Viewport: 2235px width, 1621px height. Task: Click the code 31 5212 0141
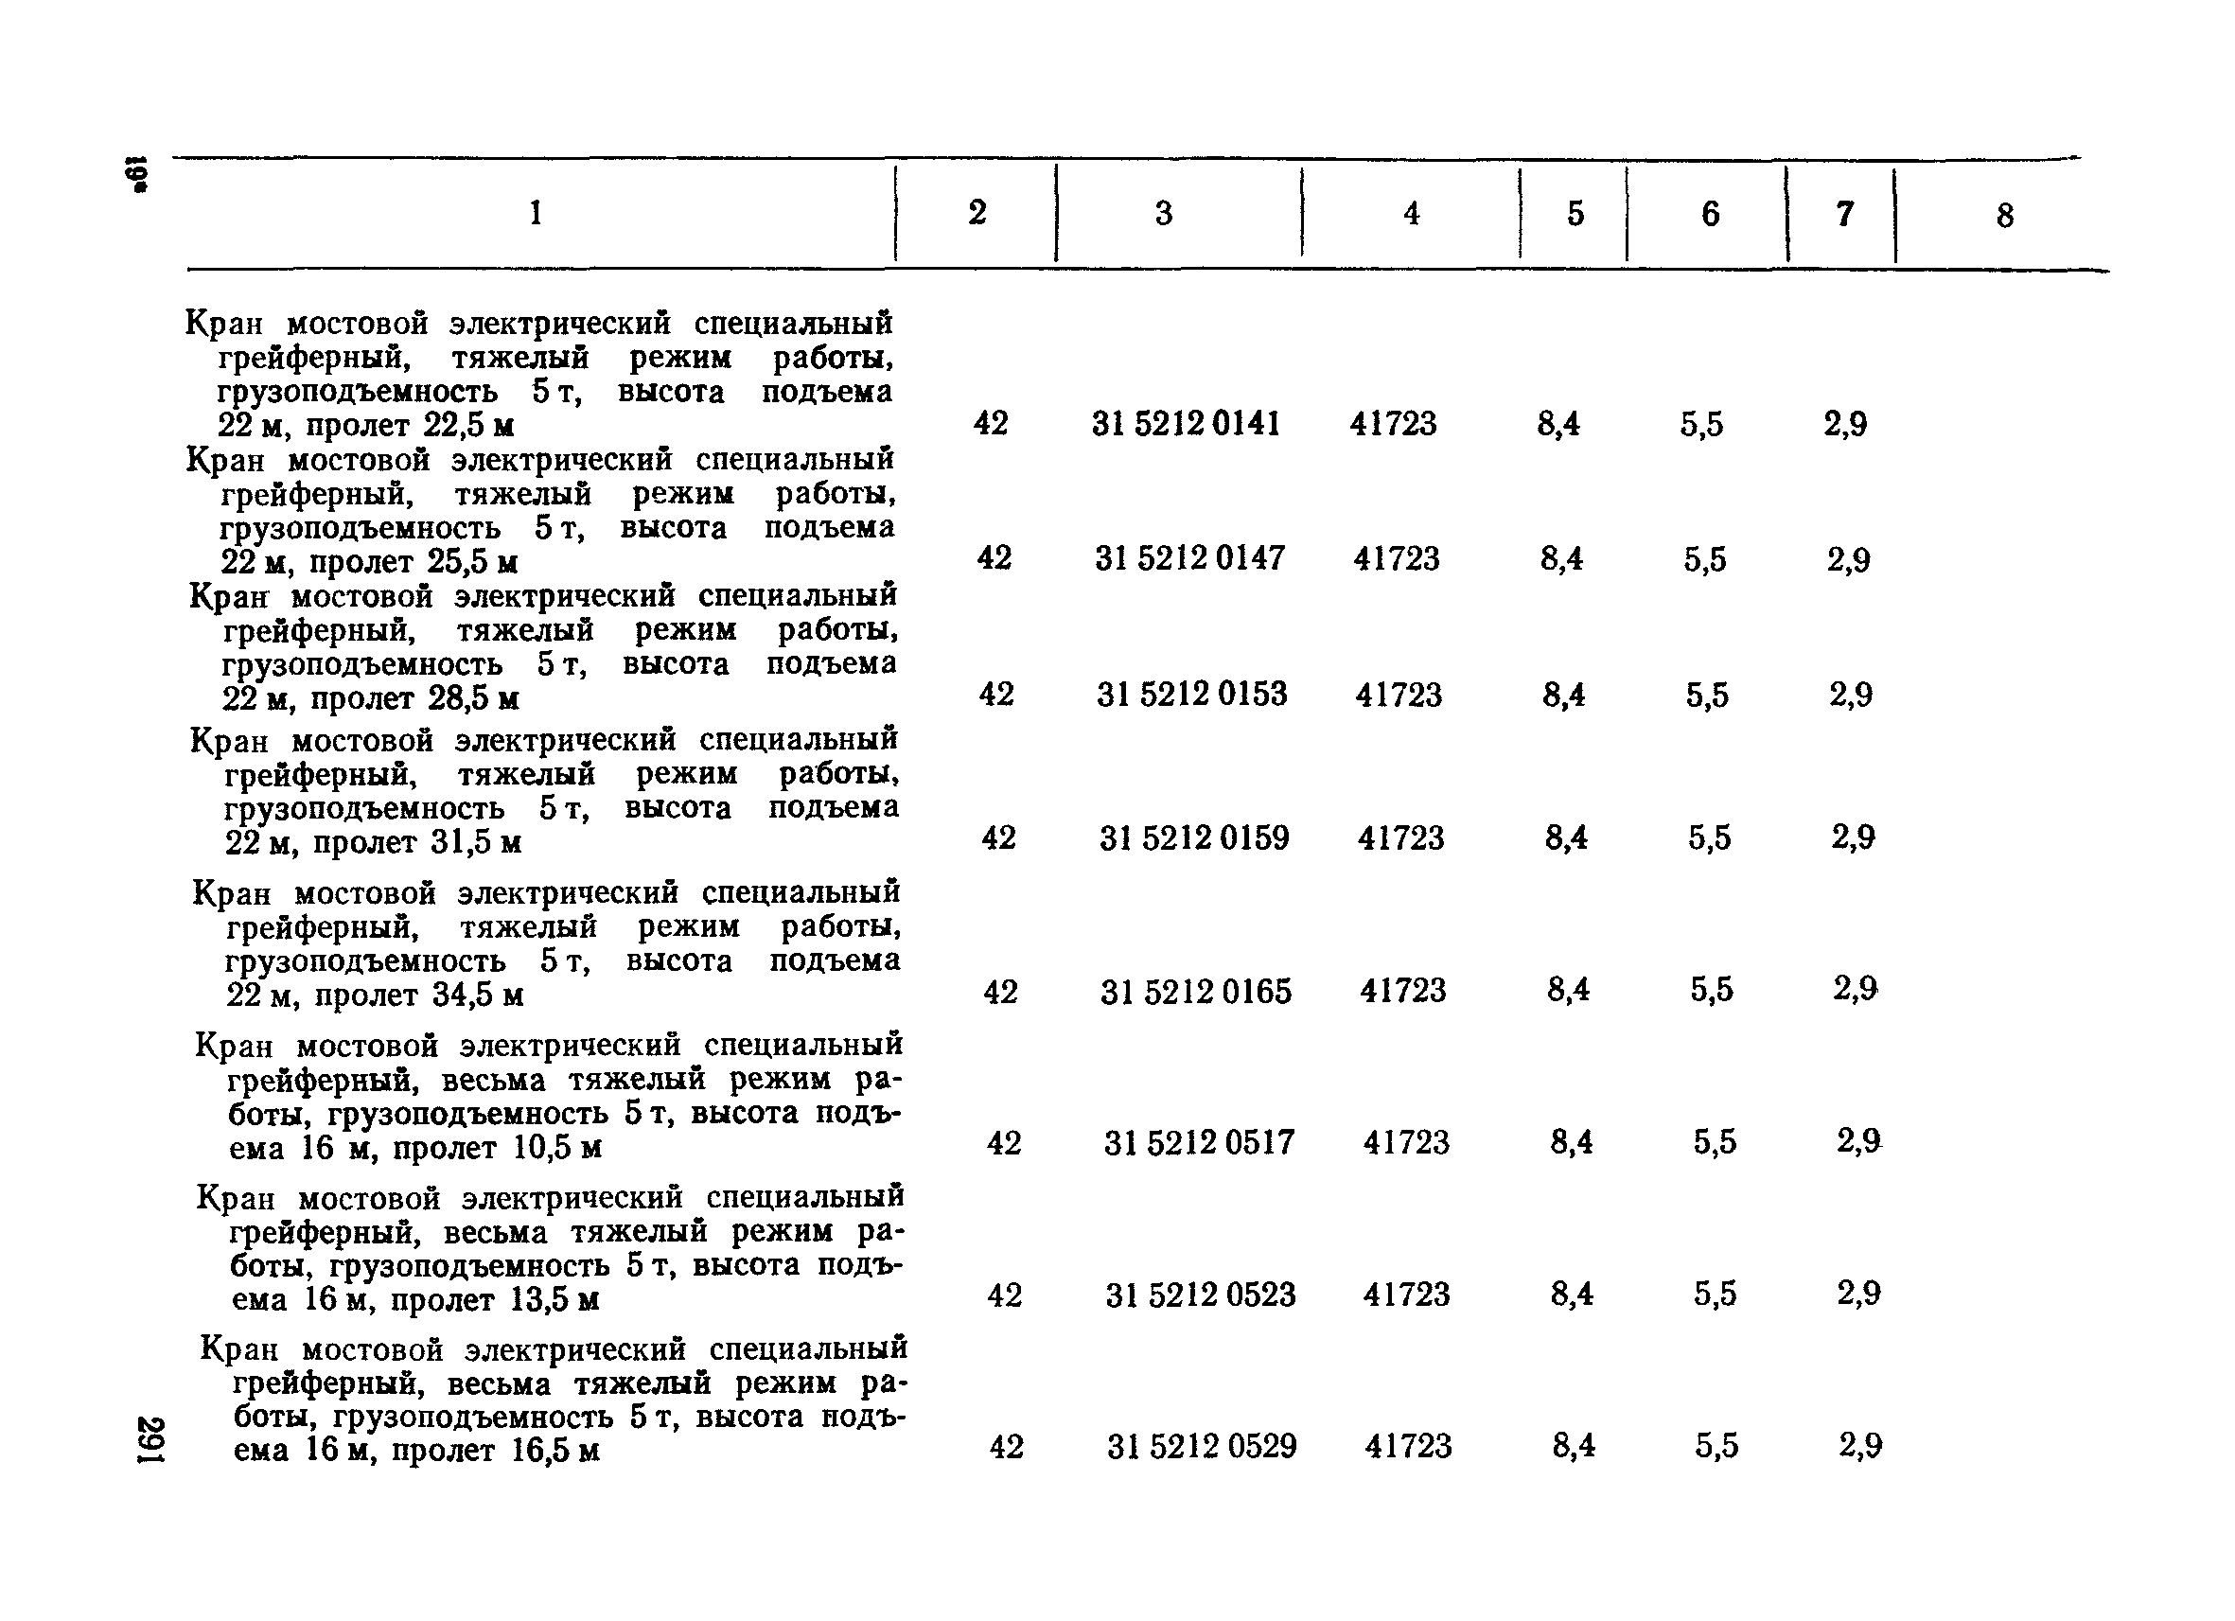pyautogui.click(x=1186, y=424)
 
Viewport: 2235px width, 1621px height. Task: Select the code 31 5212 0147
pyautogui.click(x=1189, y=558)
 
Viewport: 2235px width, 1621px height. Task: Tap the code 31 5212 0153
pyautogui.click(x=1191, y=695)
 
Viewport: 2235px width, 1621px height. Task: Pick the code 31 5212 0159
pyautogui.click(x=1193, y=838)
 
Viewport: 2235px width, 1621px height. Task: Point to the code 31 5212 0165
pyautogui.click(x=1195, y=992)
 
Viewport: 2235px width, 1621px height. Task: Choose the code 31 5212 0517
pyautogui.click(x=1198, y=1143)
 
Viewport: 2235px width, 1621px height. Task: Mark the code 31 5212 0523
pyautogui.click(x=1200, y=1295)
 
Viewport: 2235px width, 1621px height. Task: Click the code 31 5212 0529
pyautogui.click(x=1202, y=1447)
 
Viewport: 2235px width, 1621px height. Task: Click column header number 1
pyautogui.click(x=536, y=213)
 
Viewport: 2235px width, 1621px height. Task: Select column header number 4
pyautogui.click(x=1411, y=214)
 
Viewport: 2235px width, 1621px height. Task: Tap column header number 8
pyautogui.click(x=2004, y=216)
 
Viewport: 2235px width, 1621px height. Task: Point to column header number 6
pyautogui.click(x=1710, y=214)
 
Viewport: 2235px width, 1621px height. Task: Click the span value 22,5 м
pyautogui.click(x=468, y=427)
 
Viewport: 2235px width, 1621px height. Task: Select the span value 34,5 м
pyautogui.click(x=478, y=996)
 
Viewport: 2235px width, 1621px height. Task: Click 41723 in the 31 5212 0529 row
pyautogui.click(x=1408, y=1447)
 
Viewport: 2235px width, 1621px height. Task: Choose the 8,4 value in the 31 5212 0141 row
pyautogui.click(x=1558, y=425)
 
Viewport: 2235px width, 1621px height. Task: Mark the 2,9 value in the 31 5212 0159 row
pyautogui.click(x=1853, y=837)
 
